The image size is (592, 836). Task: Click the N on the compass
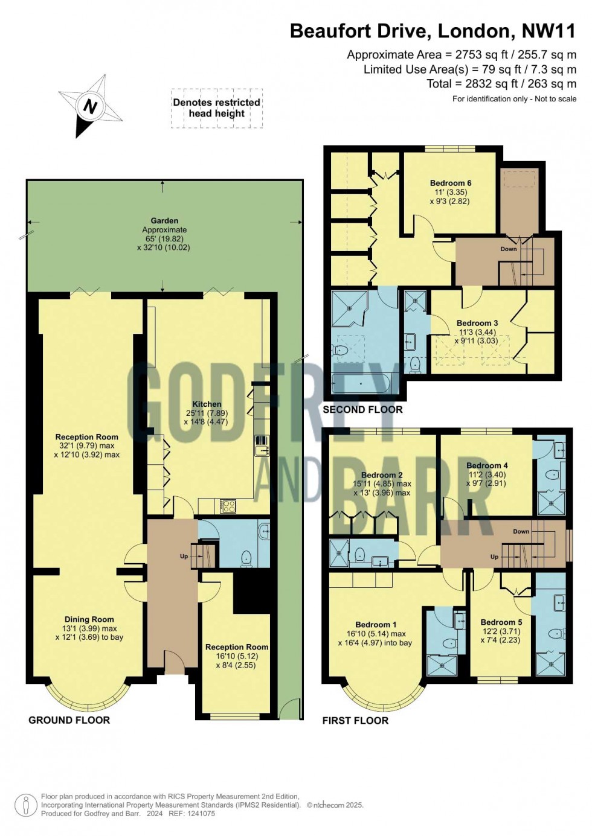[91, 107]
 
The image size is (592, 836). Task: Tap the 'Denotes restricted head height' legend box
[216, 108]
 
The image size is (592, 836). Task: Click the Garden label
[164, 221]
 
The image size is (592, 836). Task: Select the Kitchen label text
[207, 404]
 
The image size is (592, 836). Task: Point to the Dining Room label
[89, 619]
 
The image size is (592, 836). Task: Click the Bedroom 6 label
[451, 183]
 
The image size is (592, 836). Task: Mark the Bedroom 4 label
[487, 465]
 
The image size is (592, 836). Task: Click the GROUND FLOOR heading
[69, 720]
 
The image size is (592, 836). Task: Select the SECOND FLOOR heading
[362, 410]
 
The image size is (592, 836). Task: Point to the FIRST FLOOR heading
[355, 721]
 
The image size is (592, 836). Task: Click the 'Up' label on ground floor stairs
[184, 557]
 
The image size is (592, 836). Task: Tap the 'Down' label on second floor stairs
[509, 249]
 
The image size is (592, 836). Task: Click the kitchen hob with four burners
[228, 506]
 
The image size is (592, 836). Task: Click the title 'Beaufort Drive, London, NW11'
[433, 31]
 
